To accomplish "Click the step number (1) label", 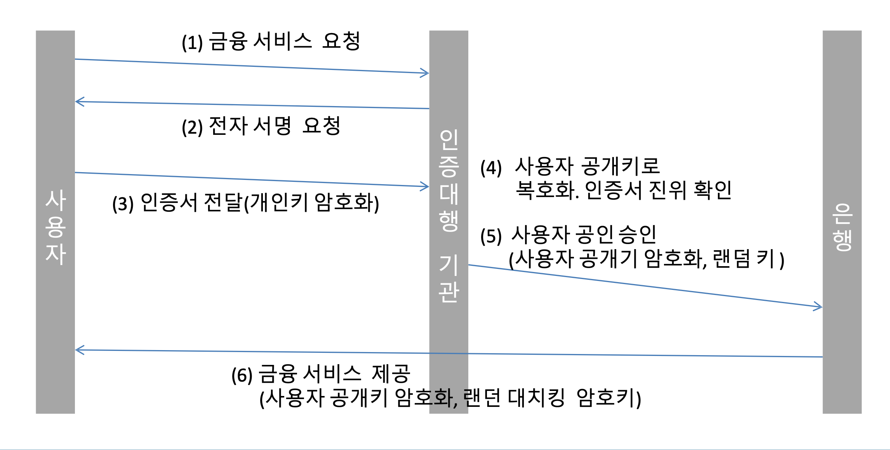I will point(192,43).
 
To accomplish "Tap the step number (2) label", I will point(192,127).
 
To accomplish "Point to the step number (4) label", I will point(491,168).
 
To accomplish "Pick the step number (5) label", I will point(491,236).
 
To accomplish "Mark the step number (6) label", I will point(242,375).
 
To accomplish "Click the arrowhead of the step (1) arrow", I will point(426,73).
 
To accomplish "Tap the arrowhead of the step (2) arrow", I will point(78,102).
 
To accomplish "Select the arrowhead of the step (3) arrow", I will point(426,187).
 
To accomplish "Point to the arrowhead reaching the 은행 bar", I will point(819,307).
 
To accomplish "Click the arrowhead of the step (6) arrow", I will point(78,350).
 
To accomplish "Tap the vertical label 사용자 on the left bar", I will point(56,227).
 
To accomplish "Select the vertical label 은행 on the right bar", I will point(842,227).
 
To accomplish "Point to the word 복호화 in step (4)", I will point(546,190).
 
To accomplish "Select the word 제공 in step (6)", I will point(391,374).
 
